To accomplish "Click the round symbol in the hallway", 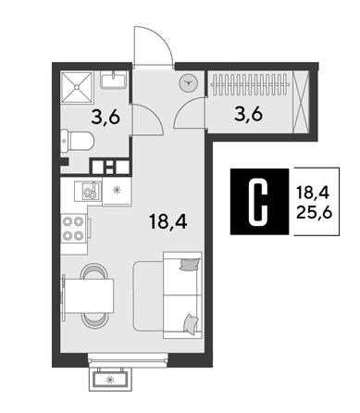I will click(x=189, y=82).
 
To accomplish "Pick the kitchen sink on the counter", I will click(x=89, y=192).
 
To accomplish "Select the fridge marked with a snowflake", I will click(x=115, y=191).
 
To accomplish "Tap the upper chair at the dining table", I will click(x=94, y=270).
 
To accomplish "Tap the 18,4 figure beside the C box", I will click(x=314, y=193).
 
